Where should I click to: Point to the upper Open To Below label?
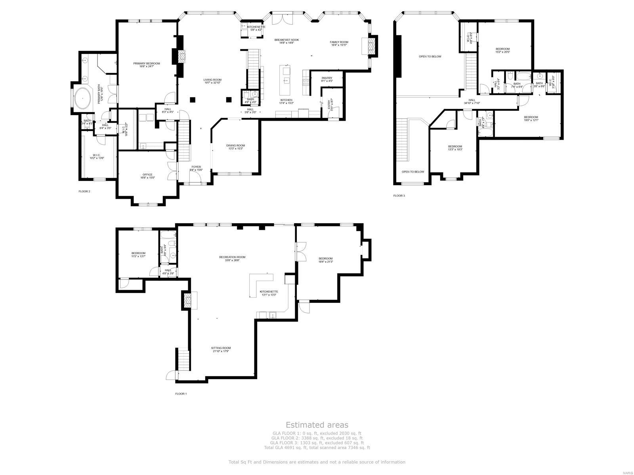[430, 57]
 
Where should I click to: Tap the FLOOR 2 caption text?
[84, 192]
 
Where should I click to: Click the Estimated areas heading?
[317, 425]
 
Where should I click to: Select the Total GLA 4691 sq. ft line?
[317, 448]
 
